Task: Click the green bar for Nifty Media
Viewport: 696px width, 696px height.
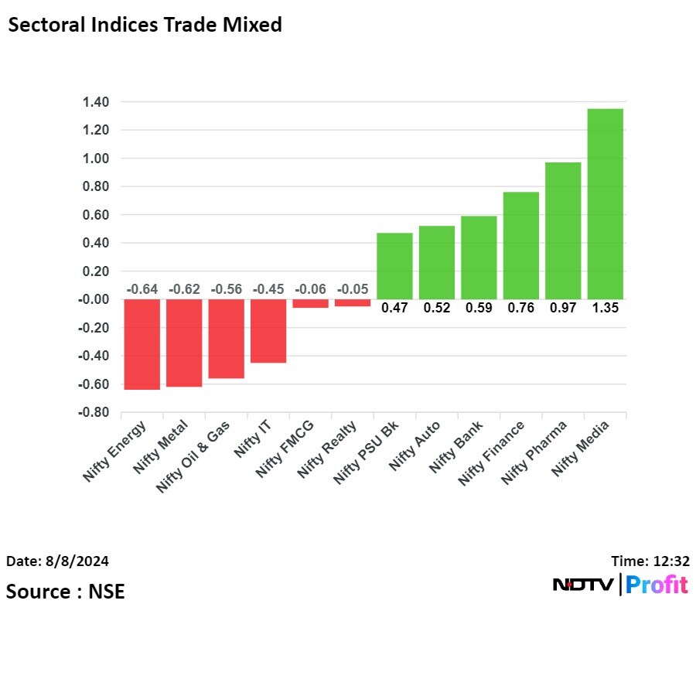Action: [605, 203]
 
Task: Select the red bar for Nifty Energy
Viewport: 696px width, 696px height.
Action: [142, 344]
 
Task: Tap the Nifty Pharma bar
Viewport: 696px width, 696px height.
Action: [562, 230]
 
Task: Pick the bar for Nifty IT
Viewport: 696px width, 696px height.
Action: [268, 331]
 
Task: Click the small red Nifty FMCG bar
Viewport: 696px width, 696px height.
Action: [310, 303]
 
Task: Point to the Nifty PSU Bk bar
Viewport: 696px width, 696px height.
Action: [394, 266]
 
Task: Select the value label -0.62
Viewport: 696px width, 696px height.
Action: [184, 289]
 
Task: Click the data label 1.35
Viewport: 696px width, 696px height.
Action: [605, 308]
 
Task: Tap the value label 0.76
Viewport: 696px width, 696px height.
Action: [520, 308]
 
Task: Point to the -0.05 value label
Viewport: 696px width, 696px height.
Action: [352, 289]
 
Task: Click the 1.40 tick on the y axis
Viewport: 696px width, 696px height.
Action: [93, 102]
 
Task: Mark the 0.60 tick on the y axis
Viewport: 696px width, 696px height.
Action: [93, 215]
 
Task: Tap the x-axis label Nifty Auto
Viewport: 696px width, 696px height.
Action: [416, 445]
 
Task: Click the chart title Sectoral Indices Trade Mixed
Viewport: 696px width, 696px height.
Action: [145, 25]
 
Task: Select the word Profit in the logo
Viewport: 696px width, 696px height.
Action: [657, 585]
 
